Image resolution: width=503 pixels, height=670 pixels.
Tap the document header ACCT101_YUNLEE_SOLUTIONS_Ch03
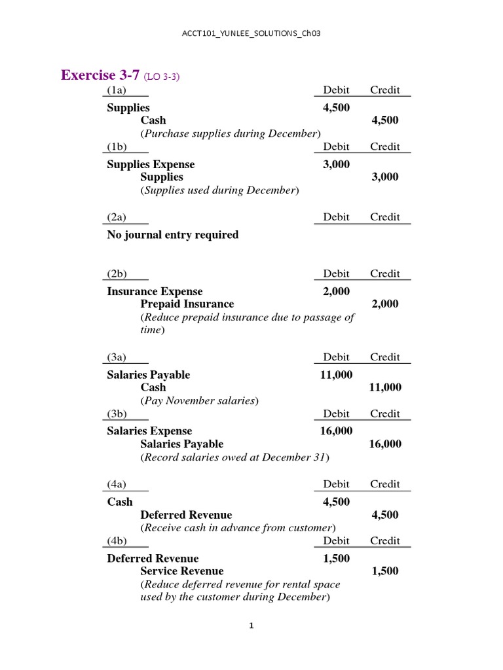point(251,33)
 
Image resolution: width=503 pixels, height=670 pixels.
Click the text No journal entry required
point(172,235)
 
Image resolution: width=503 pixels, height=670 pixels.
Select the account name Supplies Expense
point(151,164)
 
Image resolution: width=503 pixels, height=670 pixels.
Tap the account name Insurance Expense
point(155,291)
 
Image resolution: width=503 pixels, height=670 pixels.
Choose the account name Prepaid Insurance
point(187,304)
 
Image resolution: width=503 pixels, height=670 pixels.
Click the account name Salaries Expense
point(149,431)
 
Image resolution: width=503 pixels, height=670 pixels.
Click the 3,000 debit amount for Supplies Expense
point(336,164)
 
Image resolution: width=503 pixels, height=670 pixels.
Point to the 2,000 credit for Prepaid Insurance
point(384,304)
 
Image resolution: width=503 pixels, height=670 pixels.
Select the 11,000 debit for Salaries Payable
point(336,375)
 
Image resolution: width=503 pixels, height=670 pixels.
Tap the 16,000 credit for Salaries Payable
point(384,444)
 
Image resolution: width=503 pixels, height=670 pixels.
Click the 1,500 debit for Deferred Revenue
point(336,558)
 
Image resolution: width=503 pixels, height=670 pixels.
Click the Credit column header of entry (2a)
point(384,217)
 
